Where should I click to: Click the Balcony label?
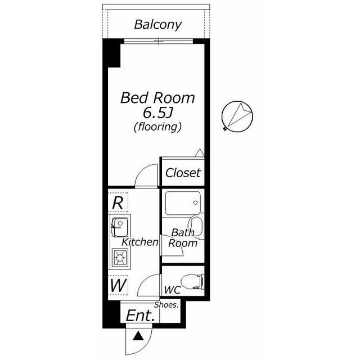(158, 25)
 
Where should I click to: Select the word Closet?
(183, 173)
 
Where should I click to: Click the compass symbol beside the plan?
(237, 116)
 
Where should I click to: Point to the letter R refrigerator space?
(118, 202)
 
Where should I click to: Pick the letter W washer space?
(118, 285)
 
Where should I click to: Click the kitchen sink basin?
(120, 227)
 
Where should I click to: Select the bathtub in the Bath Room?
(183, 203)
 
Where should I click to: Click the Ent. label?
(140, 316)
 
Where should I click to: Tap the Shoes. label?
(166, 305)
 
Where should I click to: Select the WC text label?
(173, 290)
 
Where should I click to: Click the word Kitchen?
(140, 242)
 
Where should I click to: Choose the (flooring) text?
(157, 127)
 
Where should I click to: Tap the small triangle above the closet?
(200, 153)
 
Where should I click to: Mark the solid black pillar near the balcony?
(111, 53)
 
